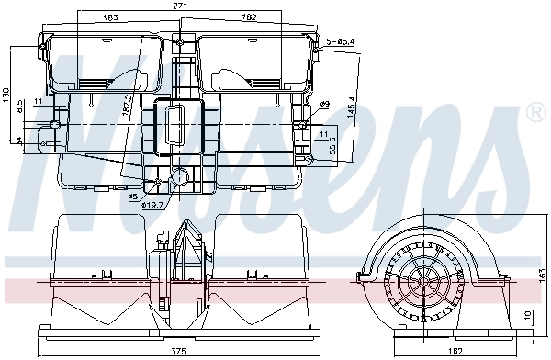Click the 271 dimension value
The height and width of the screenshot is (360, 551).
pyautogui.click(x=181, y=6)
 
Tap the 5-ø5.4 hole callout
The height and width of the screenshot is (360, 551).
pyautogui.click(x=343, y=41)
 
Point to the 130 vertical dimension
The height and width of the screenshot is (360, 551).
pyautogui.click(x=7, y=96)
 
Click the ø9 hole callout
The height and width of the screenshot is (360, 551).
pyautogui.click(x=324, y=105)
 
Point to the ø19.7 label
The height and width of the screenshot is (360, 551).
pyautogui.click(x=152, y=205)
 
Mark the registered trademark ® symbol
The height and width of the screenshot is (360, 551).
pyautogui.click(x=535, y=113)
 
